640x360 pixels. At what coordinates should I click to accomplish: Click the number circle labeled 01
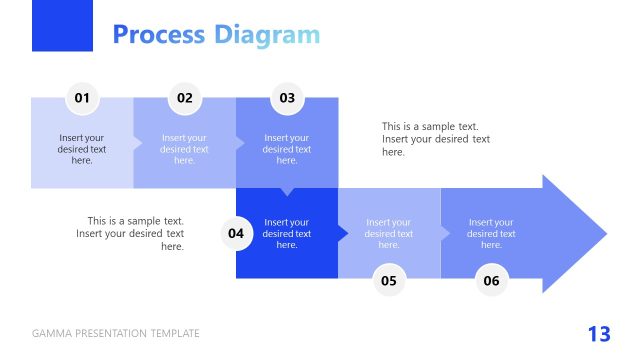[82, 98]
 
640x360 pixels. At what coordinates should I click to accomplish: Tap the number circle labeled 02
[185, 98]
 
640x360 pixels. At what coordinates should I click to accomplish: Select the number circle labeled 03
[287, 98]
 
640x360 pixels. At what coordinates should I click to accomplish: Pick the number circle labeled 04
[236, 234]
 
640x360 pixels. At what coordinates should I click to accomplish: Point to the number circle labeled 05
[389, 281]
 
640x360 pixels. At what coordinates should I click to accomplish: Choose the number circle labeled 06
[491, 281]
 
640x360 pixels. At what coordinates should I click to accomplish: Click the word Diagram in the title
[267, 35]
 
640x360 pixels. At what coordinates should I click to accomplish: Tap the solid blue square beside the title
[62, 26]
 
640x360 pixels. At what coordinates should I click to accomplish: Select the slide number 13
[598, 334]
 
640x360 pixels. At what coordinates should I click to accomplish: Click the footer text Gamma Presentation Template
[116, 334]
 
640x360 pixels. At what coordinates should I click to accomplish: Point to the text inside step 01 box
[82, 149]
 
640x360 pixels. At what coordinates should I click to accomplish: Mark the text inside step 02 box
[185, 149]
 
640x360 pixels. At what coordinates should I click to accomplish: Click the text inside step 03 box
[287, 149]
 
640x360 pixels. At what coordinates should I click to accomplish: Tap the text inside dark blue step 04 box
[287, 233]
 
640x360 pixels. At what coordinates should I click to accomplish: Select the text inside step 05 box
[389, 233]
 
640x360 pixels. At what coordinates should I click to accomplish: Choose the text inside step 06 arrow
[491, 233]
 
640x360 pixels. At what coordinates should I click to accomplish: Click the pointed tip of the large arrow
[603, 234]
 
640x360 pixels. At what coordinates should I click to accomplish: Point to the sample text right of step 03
[436, 139]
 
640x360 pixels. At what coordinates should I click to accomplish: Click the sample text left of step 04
[131, 233]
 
